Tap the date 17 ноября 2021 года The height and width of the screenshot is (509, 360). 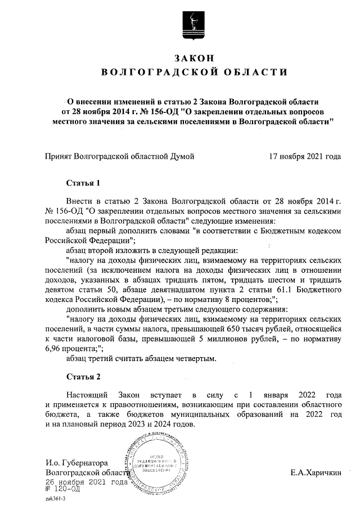point(305,156)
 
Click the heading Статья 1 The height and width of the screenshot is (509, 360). point(83,183)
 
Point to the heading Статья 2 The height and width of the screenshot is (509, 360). point(83,376)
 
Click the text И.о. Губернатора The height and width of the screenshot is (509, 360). point(76,463)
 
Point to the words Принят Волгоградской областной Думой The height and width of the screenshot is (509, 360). point(119,156)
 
